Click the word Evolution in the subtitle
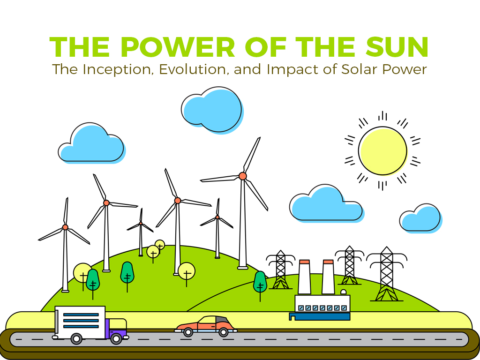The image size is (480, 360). (193, 69)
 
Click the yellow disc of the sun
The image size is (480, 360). (382, 150)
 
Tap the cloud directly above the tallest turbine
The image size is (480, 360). (212, 110)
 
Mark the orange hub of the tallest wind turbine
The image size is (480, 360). (242, 176)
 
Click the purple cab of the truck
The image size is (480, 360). (116, 328)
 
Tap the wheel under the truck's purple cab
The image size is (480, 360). (116, 338)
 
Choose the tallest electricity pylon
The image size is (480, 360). (386, 274)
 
